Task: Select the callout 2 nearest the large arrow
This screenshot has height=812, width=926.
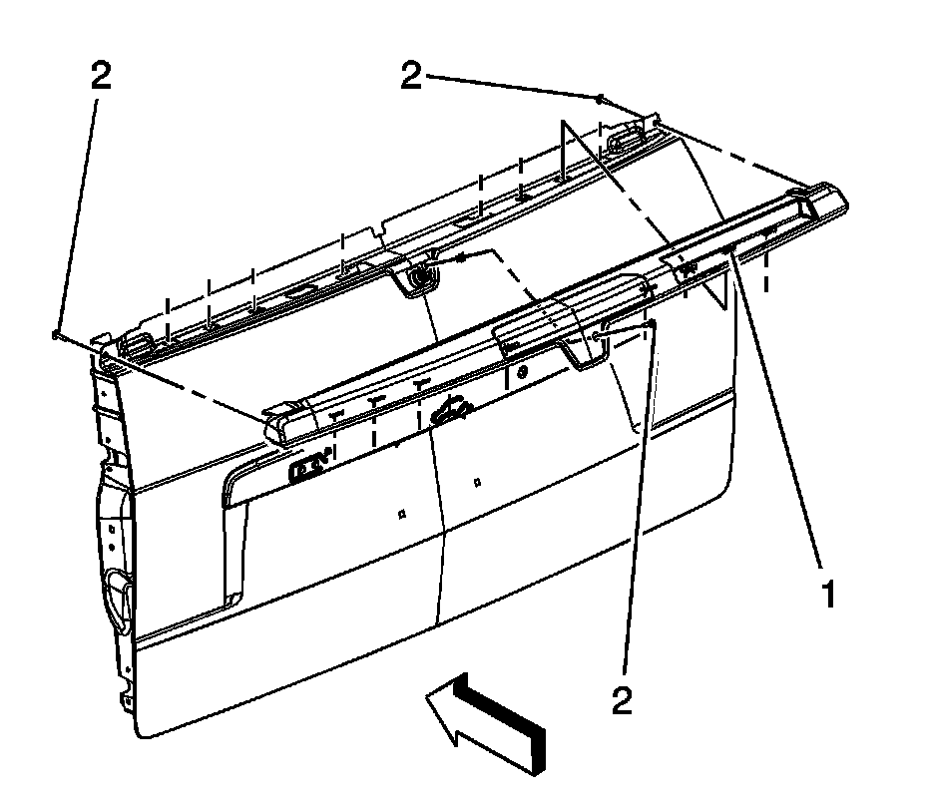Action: (622, 702)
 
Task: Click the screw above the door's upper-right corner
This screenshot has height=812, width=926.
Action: (599, 100)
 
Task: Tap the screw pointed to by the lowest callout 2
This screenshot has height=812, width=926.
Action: (651, 324)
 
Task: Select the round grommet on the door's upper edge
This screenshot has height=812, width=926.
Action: (422, 274)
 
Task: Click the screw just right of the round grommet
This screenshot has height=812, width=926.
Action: (461, 258)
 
